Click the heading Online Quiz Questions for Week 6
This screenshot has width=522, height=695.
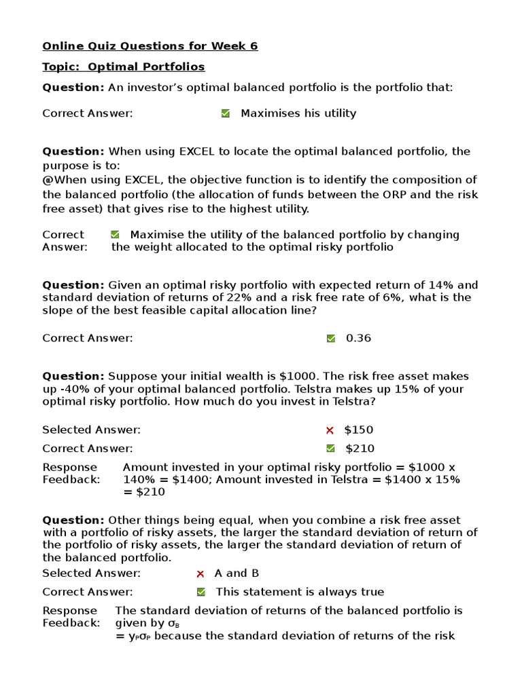(x=150, y=46)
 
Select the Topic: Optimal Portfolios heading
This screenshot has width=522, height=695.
(x=123, y=67)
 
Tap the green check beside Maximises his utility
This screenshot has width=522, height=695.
(x=226, y=114)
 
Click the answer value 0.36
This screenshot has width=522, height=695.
(x=358, y=338)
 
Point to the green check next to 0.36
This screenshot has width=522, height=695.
(x=331, y=339)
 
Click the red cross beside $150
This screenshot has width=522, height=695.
(x=330, y=430)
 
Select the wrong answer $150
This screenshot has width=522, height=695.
(x=358, y=430)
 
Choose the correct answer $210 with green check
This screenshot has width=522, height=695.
(x=360, y=448)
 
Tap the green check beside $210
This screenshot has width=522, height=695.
(x=331, y=449)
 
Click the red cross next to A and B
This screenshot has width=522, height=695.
(x=200, y=574)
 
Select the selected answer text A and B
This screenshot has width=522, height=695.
(x=237, y=573)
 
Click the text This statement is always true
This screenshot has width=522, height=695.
(x=300, y=592)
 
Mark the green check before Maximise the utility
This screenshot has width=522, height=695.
(x=115, y=235)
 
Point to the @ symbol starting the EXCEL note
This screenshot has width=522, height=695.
(x=48, y=180)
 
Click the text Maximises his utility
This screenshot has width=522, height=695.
(x=298, y=113)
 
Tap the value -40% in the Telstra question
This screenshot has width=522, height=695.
(x=76, y=389)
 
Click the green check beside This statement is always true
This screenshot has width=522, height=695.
(x=201, y=592)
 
